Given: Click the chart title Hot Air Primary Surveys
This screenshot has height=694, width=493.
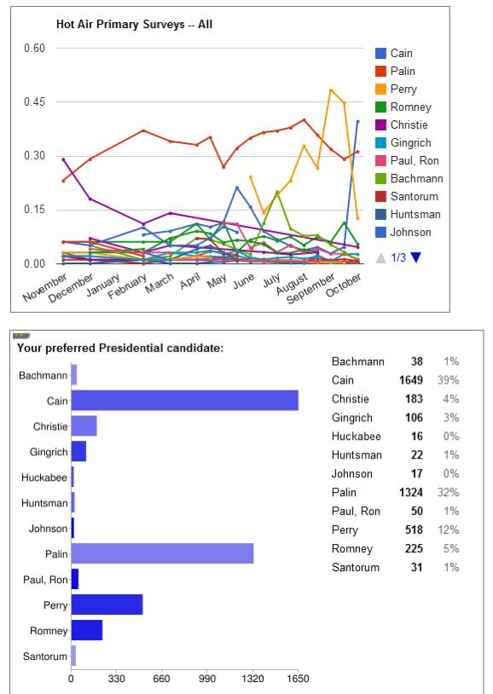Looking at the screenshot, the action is click(120, 25).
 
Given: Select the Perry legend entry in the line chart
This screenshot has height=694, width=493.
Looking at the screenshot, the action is click(396, 89).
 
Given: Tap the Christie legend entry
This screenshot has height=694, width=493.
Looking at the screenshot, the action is click(402, 124).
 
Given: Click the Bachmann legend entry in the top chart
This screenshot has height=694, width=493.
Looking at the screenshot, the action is click(409, 178).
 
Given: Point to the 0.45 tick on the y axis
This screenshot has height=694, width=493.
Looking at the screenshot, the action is click(35, 101).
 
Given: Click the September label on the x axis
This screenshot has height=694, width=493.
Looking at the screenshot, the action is click(310, 288).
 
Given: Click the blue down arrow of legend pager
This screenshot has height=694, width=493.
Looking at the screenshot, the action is click(415, 257).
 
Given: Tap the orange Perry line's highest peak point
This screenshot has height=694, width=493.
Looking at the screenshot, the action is click(331, 90).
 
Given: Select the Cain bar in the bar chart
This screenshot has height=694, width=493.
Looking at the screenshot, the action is click(185, 400).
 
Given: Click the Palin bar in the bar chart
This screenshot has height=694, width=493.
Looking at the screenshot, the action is click(162, 553).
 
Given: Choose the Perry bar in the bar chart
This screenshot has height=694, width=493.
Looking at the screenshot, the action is click(107, 604).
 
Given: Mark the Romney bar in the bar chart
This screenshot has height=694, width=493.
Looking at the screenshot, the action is click(87, 630).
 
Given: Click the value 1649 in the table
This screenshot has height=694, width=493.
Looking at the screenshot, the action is click(411, 380).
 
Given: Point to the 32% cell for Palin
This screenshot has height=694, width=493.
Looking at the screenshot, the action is click(449, 493).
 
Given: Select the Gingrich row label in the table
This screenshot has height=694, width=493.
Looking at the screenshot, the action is click(352, 418).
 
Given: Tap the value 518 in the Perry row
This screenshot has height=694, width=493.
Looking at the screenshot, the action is click(414, 529).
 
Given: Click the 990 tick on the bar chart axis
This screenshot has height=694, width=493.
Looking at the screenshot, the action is click(207, 679).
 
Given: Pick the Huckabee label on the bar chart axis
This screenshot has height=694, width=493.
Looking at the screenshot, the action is click(44, 477).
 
